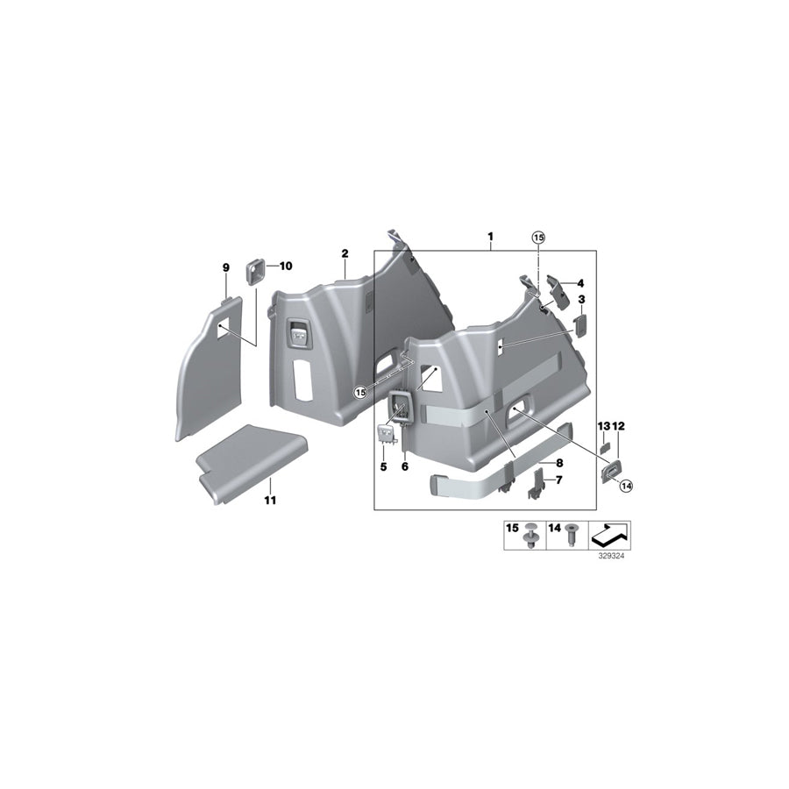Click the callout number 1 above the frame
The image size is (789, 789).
(x=490, y=236)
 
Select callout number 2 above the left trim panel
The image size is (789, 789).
(x=345, y=253)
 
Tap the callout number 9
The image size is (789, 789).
(x=226, y=267)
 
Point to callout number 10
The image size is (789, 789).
(x=286, y=266)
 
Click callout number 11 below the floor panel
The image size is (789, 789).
(x=270, y=501)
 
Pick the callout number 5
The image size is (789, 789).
(x=383, y=467)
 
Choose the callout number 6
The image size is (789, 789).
(x=405, y=467)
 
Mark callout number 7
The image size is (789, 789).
(x=558, y=480)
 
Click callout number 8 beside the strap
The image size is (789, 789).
(x=559, y=463)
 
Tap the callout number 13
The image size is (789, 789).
(x=603, y=427)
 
